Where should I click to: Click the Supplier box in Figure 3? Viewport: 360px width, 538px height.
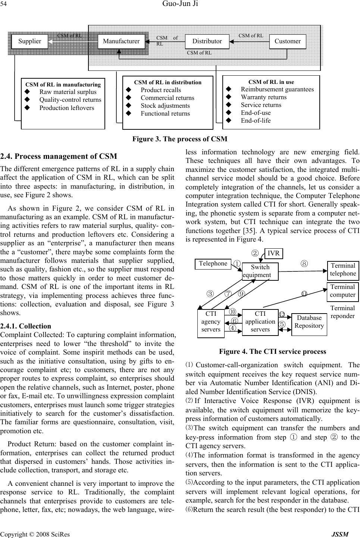[x=29, y=41]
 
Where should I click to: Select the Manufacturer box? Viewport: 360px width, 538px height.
[x=121, y=41]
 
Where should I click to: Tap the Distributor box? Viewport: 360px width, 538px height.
[x=207, y=41]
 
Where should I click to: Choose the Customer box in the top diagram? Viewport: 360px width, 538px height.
[x=287, y=41]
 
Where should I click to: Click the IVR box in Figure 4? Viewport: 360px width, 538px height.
[x=273, y=253]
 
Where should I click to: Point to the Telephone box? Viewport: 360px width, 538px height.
[x=213, y=264]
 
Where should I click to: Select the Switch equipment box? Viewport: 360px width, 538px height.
[x=260, y=271]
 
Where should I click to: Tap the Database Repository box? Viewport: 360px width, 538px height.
[x=309, y=322]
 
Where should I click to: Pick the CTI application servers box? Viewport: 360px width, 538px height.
[x=260, y=322]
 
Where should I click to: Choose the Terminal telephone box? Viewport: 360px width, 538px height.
[x=343, y=270]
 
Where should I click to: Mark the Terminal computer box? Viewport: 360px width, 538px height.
[x=343, y=291]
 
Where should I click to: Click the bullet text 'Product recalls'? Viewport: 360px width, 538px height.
[x=161, y=90]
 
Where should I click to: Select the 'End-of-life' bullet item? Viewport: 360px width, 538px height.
[x=256, y=120]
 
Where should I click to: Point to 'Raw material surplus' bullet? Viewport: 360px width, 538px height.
[x=68, y=92]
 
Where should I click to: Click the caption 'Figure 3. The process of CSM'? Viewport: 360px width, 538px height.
[x=179, y=139]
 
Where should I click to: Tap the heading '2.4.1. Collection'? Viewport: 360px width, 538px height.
[x=26, y=326]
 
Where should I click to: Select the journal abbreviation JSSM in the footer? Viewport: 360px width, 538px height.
[x=341, y=534]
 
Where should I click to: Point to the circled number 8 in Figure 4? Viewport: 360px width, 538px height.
[x=304, y=263]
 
